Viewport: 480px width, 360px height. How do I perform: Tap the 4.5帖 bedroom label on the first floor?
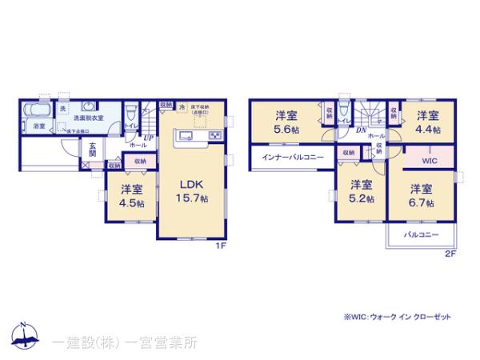click(x=132, y=196)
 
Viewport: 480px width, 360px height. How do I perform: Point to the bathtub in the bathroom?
click(x=38, y=110)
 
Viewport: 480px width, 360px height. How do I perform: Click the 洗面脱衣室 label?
click(x=89, y=119)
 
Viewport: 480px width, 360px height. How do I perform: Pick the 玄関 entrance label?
click(x=93, y=150)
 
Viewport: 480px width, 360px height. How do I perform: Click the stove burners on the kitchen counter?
click(x=216, y=136)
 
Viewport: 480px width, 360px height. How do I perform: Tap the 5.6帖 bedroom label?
click(x=286, y=120)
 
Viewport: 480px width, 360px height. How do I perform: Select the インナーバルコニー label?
click(x=293, y=158)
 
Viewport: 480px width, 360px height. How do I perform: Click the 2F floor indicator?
click(x=450, y=254)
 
